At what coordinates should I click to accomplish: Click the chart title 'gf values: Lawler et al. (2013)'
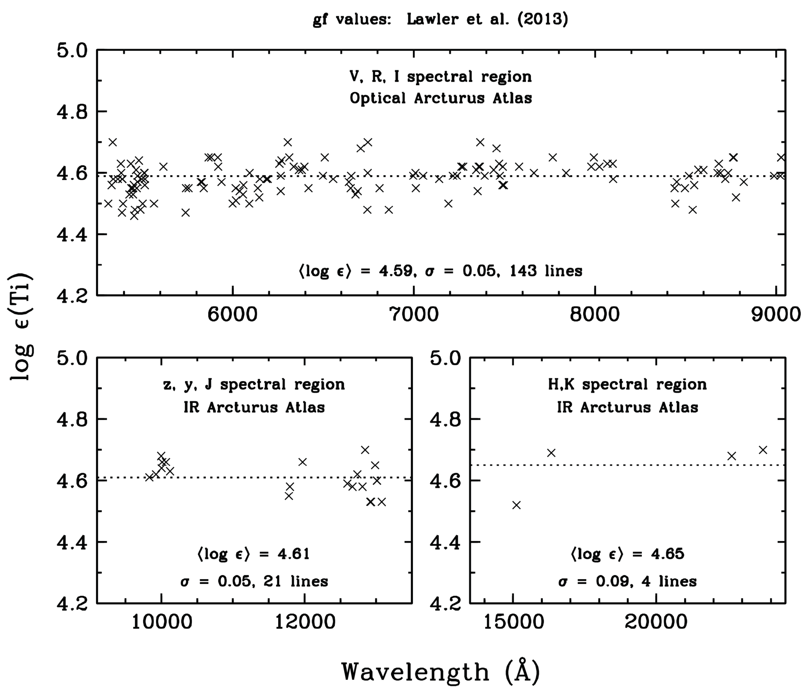440,19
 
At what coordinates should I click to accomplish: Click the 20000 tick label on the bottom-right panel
656,622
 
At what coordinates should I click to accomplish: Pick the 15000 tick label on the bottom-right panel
513,622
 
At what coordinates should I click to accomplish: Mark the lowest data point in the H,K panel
516,505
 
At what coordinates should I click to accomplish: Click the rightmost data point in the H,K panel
763,450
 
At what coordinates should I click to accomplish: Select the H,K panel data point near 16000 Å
551,453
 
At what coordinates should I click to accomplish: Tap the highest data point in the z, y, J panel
365,450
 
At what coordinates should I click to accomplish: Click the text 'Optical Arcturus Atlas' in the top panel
441,98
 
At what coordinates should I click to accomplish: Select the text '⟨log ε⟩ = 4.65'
627,553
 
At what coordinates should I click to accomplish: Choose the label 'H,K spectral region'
627,384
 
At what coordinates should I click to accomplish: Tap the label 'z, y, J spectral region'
254,384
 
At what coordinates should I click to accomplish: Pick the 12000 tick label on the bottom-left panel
305,622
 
